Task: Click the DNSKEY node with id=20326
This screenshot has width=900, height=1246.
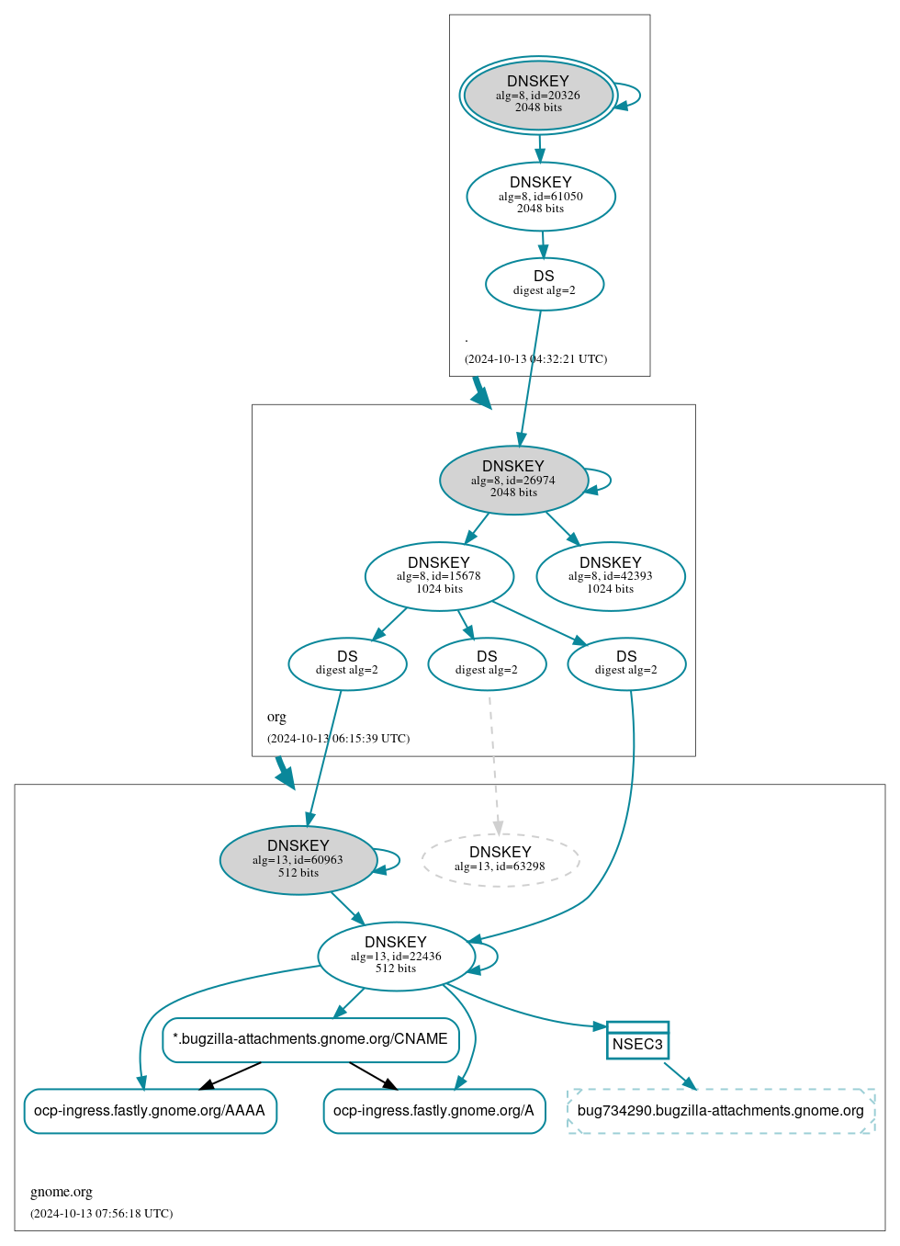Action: click(x=538, y=95)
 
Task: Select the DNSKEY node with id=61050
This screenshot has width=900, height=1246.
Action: click(x=540, y=196)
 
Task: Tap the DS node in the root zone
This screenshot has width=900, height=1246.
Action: click(x=544, y=284)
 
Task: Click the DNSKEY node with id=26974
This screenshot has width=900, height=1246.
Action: click(x=513, y=480)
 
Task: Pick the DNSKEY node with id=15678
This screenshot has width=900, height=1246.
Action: click(x=439, y=576)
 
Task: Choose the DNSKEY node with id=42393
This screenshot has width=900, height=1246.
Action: click(x=610, y=576)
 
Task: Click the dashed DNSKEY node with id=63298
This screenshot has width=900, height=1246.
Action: click(x=500, y=860)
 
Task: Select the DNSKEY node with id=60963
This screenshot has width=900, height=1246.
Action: click(x=298, y=860)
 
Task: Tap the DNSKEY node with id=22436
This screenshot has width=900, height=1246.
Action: click(x=395, y=956)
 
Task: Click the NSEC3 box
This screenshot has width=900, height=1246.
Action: click(x=637, y=1040)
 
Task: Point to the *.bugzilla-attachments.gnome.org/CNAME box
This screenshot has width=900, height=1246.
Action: click(x=310, y=1039)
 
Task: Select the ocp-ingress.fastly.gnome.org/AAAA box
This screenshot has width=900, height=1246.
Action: click(x=150, y=1111)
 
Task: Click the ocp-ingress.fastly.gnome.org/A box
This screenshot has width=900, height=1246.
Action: click(x=433, y=1111)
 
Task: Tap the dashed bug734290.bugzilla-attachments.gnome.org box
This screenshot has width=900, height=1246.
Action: click(x=721, y=1111)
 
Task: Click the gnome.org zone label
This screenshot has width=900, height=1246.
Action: click(x=62, y=1192)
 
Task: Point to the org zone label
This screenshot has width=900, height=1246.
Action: click(x=276, y=717)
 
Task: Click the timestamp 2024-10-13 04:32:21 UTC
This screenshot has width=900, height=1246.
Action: click(x=535, y=359)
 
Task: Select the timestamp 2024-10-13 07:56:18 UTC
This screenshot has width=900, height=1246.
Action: click(x=101, y=1214)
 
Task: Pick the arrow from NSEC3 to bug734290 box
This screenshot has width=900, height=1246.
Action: click(x=680, y=1076)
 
